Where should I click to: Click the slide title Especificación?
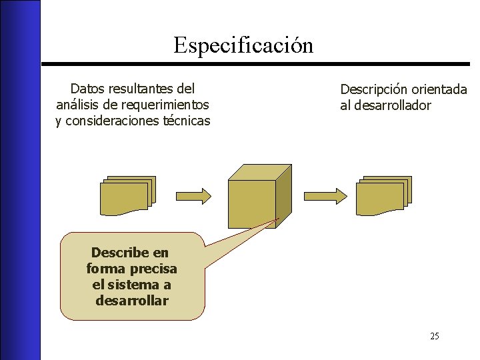coord(243,45)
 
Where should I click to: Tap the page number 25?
coord(434,336)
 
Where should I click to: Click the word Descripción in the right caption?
coord(373,89)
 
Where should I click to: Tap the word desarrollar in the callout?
coord(132,300)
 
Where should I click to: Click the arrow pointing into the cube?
coord(196,195)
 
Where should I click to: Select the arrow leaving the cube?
coord(325,195)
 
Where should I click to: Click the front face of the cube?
coord(251,203)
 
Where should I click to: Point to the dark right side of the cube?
coord(284,197)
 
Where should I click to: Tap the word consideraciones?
coord(113,121)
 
